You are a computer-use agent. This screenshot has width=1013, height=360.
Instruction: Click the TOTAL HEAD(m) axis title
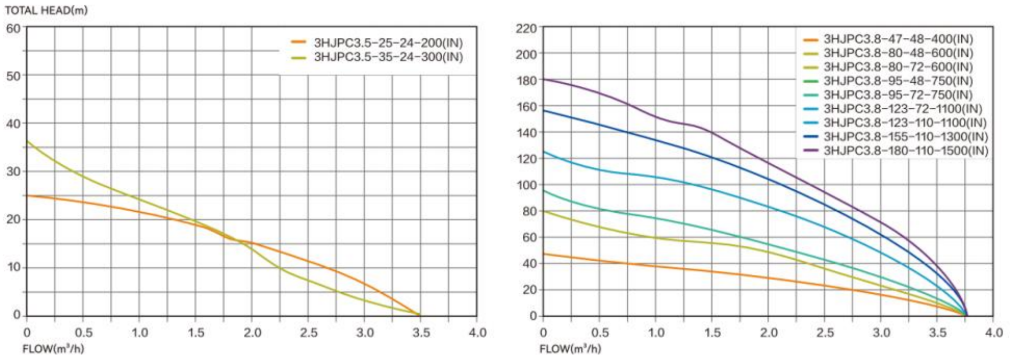pyautogui.click(x=46, y=10)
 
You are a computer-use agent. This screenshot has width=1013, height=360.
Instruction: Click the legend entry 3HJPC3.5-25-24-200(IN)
pyautogui.click(x=388, y=43)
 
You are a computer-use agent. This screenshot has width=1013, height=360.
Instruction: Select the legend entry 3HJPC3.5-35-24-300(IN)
pyautogui.click(x=388, y=57)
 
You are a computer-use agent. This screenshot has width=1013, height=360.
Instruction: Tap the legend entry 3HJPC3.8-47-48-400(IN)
pyautogui.click(x=898, y=39)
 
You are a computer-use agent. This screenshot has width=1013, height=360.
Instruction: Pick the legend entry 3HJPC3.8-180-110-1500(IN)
pyautogui.click(x=905, y=150)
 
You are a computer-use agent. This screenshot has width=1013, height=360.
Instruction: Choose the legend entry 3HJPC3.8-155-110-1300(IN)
pyautogui.click(x=905, y=137)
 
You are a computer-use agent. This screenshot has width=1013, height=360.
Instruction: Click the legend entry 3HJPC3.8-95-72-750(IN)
pyautogui.click(x=898, y=95)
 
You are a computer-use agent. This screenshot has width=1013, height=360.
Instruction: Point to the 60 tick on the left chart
pyautogui.click(x=13, y=28)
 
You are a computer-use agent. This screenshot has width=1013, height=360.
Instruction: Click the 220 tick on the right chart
pyautogui.click(x=526, y=28)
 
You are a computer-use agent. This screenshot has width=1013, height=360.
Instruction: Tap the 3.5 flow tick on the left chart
pyautogui.click(x=421, y=333)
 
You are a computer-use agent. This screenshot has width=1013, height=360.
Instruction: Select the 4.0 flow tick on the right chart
pyautogui.click(x=994, y=333)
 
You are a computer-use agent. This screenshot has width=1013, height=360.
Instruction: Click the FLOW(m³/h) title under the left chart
pyautogui.click(x=53, y=349)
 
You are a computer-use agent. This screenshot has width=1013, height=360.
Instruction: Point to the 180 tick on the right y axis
pyautogui.click(x=526, y=80)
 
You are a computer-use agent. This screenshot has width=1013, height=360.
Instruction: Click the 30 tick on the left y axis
pyautogui.click(x=13, y=171)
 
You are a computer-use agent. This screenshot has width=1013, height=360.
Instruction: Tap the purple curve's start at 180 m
pyautogui.click(x=544, y=79)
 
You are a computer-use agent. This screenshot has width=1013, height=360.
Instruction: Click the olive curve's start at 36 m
pyautogui.click(x=27, y=142)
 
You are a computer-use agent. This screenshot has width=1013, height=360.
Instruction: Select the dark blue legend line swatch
pyautogui.click(x=810, y=137)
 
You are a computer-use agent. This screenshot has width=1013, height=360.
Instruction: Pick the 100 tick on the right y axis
pyautogui.click(x=526, y=185)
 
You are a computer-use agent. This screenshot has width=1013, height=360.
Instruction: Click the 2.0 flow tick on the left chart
pyautogui.click(x=252, y=333)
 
